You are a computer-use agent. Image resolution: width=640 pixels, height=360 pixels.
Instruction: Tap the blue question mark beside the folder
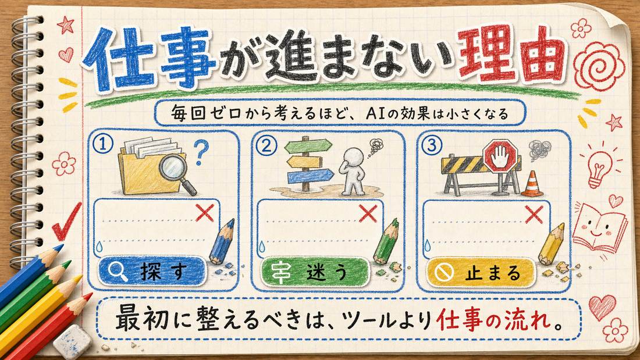200,152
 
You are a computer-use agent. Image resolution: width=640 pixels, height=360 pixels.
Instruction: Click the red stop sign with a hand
500,158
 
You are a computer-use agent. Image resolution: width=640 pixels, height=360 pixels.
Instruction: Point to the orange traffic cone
533,184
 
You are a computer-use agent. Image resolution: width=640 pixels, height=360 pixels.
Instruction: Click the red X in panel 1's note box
205,213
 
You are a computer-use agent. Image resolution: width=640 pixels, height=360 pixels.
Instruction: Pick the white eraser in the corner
73,341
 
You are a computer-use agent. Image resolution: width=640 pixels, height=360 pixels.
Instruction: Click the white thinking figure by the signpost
354,171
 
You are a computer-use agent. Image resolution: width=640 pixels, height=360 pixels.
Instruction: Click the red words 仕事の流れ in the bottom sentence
496,320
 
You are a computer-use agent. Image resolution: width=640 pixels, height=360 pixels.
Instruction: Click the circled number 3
432,145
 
